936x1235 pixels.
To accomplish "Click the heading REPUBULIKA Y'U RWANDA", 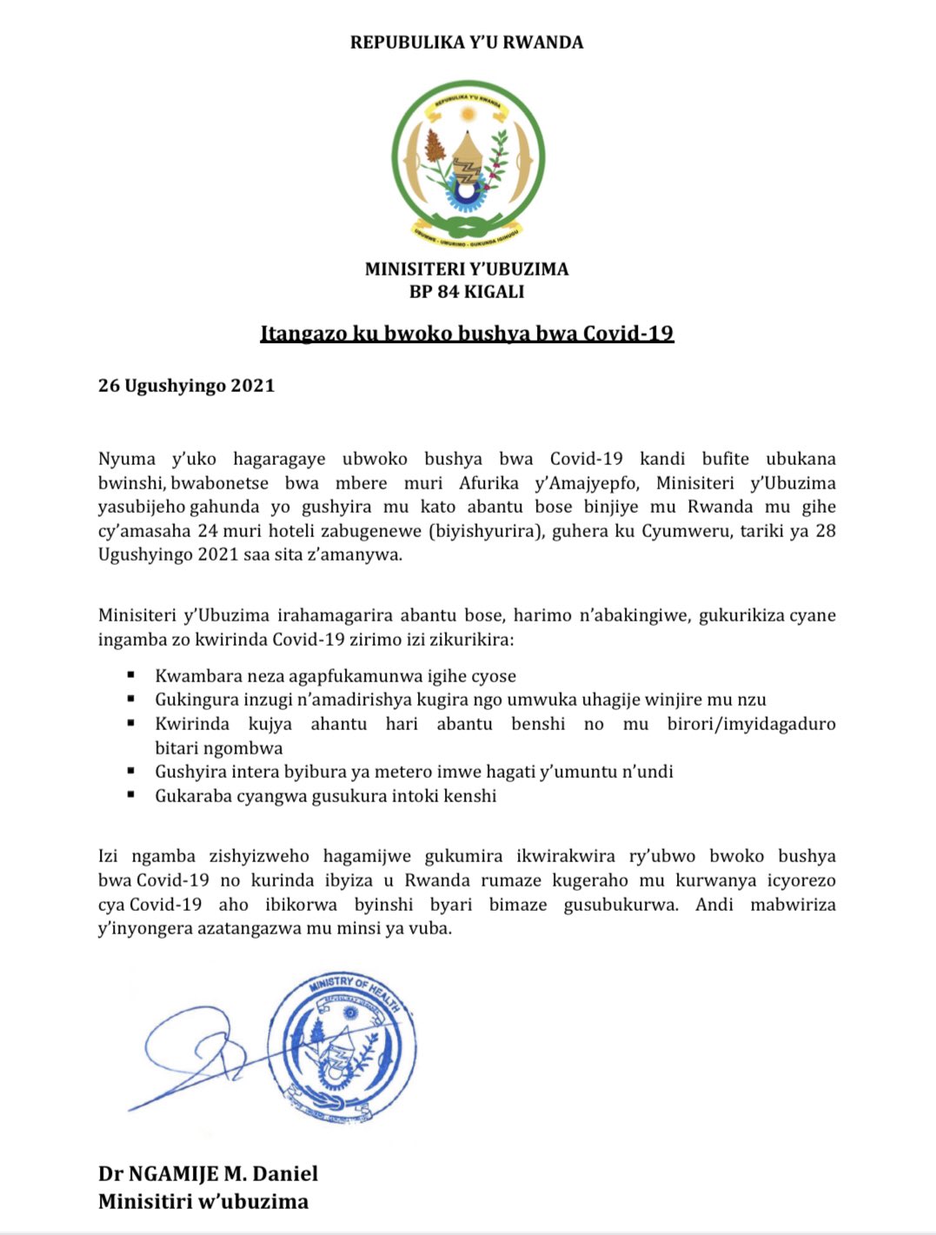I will [467, 42].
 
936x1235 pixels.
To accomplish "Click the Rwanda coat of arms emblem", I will [468, 160].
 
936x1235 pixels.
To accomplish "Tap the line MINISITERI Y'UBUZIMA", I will [467, 269].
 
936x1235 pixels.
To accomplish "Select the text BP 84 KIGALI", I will [467, 292].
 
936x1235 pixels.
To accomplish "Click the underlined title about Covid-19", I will [467, 334].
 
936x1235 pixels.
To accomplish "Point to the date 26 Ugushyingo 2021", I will [186, 386].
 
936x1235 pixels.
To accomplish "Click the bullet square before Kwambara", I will [131, 674].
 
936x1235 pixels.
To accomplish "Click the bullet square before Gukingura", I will [131, 698].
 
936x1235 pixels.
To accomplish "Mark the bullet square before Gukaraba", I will [131, 793].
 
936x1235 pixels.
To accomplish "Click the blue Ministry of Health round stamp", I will [342, 1048].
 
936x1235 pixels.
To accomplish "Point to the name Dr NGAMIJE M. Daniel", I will [208, 1174].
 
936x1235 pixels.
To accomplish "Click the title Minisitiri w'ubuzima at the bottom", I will [203, 1202].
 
